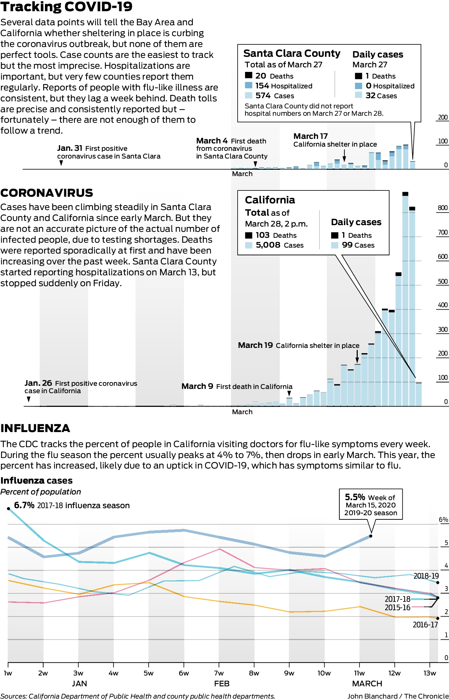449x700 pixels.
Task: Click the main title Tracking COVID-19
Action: tap(67, 7)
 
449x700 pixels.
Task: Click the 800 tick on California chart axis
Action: tap(443, 208)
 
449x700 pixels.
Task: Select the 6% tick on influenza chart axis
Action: tap(444, 520)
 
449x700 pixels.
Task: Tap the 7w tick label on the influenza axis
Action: tap(219, 673)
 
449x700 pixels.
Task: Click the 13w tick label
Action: tap(430, 673)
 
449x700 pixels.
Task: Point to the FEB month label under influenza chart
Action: tap(222, 684)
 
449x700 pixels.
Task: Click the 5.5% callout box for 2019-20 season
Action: tap(371, 504)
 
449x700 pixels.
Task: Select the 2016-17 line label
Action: tap(425, 625)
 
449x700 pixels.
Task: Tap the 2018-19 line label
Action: tap(426, 576)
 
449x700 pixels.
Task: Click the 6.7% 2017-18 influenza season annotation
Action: tap(72, 505)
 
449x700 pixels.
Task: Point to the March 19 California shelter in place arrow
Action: tap(357, 356)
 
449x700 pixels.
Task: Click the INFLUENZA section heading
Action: tap(35, 428)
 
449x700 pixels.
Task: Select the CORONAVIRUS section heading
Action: tap(47, 193)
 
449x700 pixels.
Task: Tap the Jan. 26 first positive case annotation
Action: tap(81, 387)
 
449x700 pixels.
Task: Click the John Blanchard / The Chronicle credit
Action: tap(398, 696)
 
